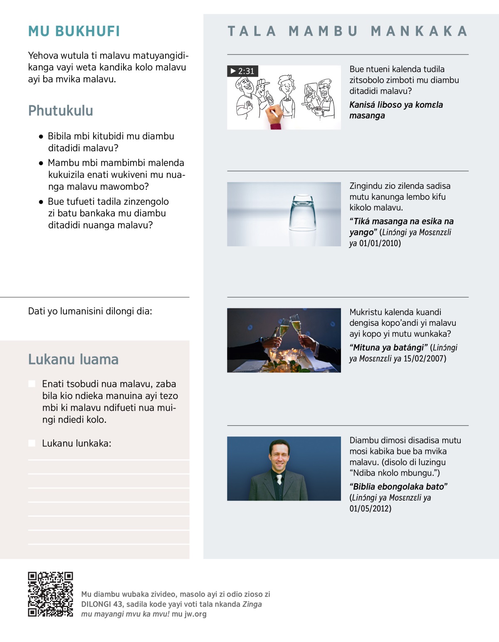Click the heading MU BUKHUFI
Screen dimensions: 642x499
[x=74, y=31]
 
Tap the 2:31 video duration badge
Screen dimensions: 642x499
[x=242, y=71]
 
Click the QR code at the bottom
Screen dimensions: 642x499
[x=50, y=594]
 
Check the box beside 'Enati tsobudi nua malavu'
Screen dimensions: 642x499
[x=32, y=384]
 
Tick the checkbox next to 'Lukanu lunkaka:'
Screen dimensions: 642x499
[x=32, y=443]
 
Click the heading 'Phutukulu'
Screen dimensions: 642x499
[x=61, y=111]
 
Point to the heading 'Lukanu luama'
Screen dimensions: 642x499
[x=73, y=359]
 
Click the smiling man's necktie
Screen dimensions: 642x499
[x=279, y=479]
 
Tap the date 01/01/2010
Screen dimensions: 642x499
[x=380, y=243]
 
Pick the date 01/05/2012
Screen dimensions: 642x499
[x=370, y=508]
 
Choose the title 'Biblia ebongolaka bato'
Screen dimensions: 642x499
[x=398, y=486]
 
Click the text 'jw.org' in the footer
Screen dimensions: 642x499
[x=195, y=614]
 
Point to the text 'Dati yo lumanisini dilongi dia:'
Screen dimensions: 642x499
[x=90, y=311]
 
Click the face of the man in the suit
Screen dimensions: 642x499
[x=279, y=455]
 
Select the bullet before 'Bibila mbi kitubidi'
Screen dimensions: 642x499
[x=41, y=136]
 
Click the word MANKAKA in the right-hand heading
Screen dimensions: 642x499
[x=419, y=31]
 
